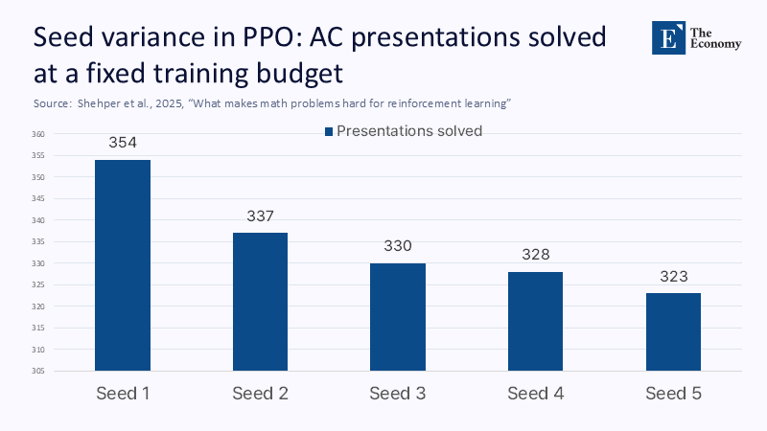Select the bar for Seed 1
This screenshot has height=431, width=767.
[123, 264]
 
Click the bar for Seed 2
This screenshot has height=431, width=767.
[260, 301]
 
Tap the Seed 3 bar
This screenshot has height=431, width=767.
[398, 316]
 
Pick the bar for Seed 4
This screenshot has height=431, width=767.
[535, 321]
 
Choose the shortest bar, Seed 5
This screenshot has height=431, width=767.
[673, 331]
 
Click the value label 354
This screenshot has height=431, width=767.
[123, 143]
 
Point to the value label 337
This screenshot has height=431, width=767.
[260, 215]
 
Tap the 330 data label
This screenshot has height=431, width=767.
[398, 245]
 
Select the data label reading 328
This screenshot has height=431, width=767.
[535, 254]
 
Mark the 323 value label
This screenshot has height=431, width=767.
[673, 276]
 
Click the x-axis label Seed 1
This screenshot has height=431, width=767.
[123, 394]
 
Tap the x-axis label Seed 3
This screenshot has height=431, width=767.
[398, 394]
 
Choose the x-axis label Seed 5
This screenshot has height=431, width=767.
[673, 394]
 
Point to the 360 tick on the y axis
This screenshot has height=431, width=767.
[38, 134]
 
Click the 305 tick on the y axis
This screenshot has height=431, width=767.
[38, 371]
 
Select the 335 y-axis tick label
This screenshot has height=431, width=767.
[38, 241]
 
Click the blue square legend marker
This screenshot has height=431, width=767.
[328, 131]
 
